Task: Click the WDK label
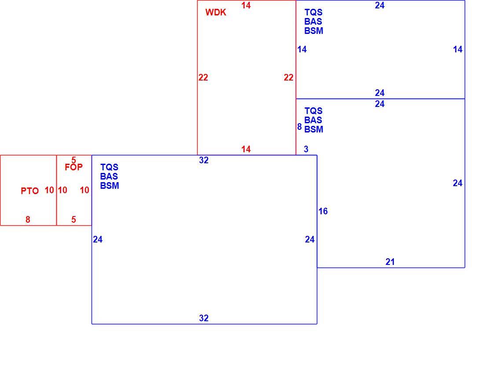pyautogui.click(x=216, y=12)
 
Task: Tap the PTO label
pyautogui.click(x=30, y=191)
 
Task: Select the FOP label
pyautogui.click(x=73, y=167)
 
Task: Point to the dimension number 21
pyautogui.click(x=390, y=262)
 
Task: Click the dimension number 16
pyautogui.click(x=323, y=211)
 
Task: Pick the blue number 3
pyautogui.click(x=306, y=149)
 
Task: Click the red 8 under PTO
pyautogui.click(x=28, y=220)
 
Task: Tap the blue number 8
pyautogui.click(x=299, y=127)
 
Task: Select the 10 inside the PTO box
pyautogui.click(x=49, y=190)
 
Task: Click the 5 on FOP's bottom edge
pyautogui.click(x=73, y=220)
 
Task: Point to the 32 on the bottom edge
pyautogui.click(x=204, y=318)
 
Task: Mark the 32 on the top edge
pyautogui.click(x=204, y=160)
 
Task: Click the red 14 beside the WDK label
pyautogui.click(x=246, y=5)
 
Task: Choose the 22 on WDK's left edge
pyautogui.click(x=203, y=77)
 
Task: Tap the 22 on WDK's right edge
pyautogui.click(x=289, y=77)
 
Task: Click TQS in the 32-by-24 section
pyautogui.click(x=109, y=167)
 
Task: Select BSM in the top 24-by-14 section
pyautogui.click(x=314, y=31)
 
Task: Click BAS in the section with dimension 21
pyautogui.click(x=313, y=120)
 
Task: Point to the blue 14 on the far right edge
pyautogui.click(x=458, y=49)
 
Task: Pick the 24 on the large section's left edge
pyautogui.click(x=98, y=239)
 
